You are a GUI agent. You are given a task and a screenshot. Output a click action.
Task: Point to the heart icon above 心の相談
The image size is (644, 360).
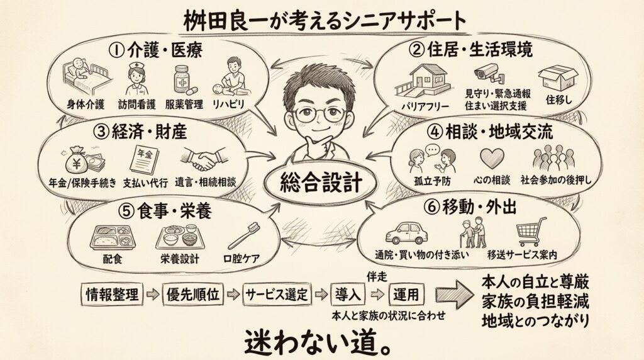(492, 157)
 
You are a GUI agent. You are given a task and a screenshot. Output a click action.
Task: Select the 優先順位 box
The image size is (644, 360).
(193, 294)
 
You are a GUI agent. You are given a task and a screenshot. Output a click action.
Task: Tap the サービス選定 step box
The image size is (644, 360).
(277, 294)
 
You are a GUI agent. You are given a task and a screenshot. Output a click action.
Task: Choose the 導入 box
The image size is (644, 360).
(348, 294)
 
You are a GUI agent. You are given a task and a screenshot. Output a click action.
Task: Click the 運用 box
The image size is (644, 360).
(406, 294)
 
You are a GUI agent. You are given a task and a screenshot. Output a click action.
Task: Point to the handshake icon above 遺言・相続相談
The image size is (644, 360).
(204, 160)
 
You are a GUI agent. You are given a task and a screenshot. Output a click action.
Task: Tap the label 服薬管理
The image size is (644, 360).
(182, 104)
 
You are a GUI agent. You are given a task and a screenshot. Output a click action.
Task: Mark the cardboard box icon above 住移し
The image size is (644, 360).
(558, 78)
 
